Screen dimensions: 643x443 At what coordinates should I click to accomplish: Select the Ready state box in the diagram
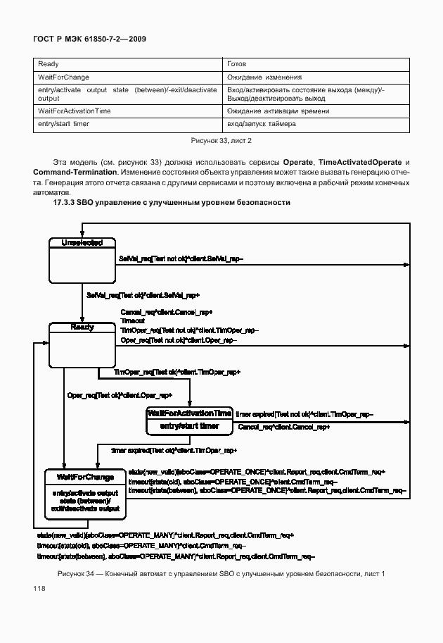click(x=81, y=345)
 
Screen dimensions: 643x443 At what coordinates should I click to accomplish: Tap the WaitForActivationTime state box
click(x=189, y=420)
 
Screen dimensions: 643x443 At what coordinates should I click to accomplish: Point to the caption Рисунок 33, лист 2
click(x=222, y=141)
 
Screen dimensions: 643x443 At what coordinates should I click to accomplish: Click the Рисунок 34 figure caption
click(x=221, y=574)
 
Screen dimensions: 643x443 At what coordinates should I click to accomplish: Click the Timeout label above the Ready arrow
click(x=131, y=320)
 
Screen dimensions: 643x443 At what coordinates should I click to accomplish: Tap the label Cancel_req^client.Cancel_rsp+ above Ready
click(x=166, y=311)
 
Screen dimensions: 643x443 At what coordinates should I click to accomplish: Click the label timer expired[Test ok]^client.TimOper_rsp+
click(x=174, y=450)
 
